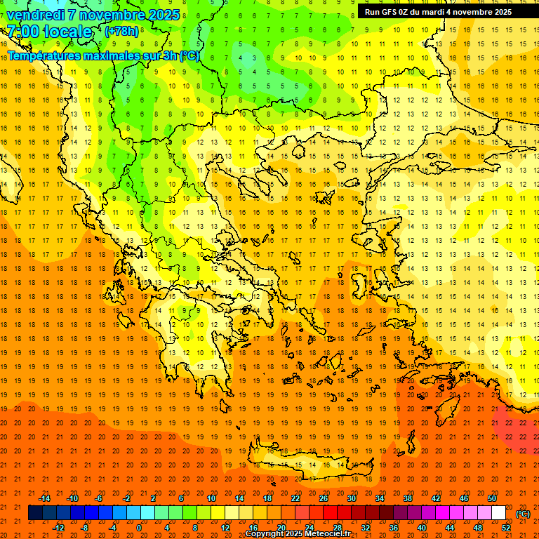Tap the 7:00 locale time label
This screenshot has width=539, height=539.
[49, 32]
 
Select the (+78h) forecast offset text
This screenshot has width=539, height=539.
[121, 31]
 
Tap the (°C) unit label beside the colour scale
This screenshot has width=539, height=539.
[523, 514]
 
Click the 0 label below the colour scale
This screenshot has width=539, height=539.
[139, 528]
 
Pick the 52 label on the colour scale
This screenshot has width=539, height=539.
[506, 528]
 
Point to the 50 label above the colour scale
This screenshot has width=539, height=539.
[492, 498]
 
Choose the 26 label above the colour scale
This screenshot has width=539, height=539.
[324, 498]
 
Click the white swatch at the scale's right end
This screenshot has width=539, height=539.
[498, 513]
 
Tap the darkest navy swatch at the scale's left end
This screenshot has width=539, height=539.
[35, 513]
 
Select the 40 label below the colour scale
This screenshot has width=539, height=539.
[422, 528]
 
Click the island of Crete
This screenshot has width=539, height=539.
[309, 467]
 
